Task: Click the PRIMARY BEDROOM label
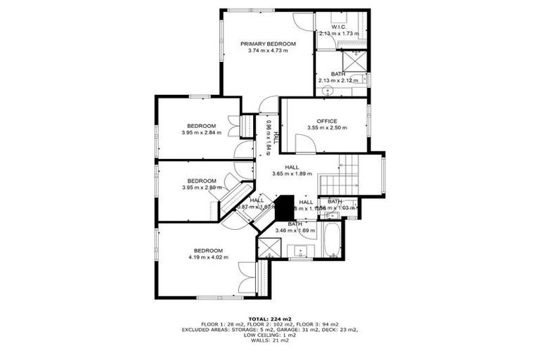pyautogui.click(x=268, y=44)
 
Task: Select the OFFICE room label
pyautogui.click(x=328, y=120)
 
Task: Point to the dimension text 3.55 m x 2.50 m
pyautogui.click(x=328, y=127)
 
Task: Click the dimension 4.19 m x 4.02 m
pyautogui.click(x=208, y=257)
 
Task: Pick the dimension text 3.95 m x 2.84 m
pyautogui.click(x=201, y=132)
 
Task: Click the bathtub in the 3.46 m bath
pyautogui.click(x=331, y=240)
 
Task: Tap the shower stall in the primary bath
pyautogui.click(x=356, y=60)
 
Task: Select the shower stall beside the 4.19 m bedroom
pyautogui.click(x=269, y=247)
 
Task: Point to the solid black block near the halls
pyautogui.click(x=284, y=208)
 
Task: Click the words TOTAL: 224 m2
pyautogui.click(x=269, y=319)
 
